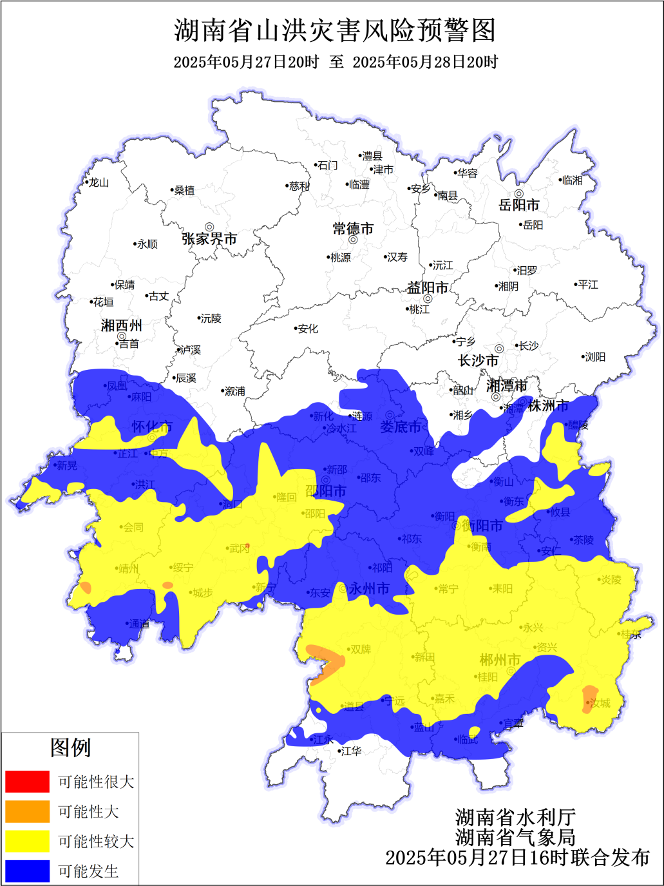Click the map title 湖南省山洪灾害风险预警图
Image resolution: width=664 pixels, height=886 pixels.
(x=335, y=30)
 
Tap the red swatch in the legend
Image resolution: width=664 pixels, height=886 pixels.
(x=27, y=782)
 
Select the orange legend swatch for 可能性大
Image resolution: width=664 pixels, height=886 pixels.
(x=27, y=811)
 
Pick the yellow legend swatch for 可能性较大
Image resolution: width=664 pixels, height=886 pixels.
(x=27, y=841)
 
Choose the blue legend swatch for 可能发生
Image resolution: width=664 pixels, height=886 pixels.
(x=27, y=871)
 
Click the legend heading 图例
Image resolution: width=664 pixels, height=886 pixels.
(x=70, y=747)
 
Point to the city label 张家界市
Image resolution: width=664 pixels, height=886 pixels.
(x=209, y=239)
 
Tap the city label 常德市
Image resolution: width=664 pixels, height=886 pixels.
(x=353, y=229)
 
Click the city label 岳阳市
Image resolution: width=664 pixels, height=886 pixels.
(x=519, y=205)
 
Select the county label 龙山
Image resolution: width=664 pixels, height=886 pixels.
(x=99, y=183)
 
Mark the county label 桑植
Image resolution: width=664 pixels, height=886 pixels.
(x=184, y=191)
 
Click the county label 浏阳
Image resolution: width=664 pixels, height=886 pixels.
(x=595, y=357)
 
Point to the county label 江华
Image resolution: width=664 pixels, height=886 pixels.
(x=351, y=751)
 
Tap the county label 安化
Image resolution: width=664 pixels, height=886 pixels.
(x=308, y=329)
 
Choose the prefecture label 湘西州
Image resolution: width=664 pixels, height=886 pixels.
(x=121, y=325)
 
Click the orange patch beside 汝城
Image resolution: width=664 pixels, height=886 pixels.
(x=587, y=698)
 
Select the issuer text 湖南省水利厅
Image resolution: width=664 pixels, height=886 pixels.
(x=515, y=817)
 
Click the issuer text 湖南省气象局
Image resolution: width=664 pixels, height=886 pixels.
(x=515, y=837)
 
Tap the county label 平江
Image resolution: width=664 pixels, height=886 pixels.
(x=587, y=285)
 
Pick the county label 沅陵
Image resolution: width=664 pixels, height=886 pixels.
(x=211, y=319)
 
